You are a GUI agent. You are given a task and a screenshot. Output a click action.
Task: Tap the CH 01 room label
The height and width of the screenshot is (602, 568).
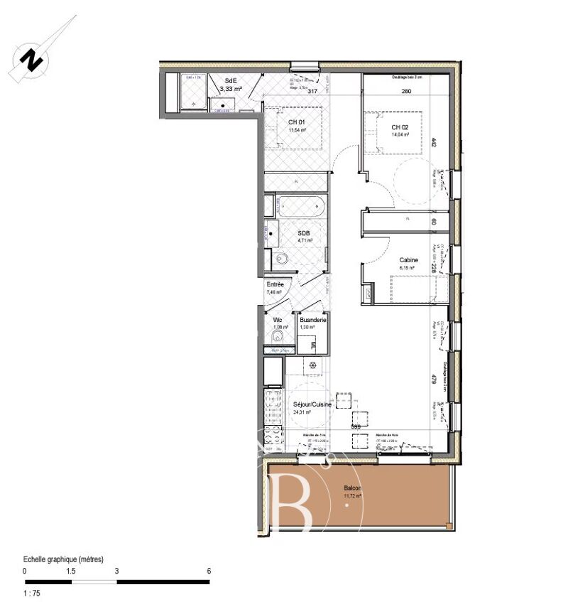pyautogui.click(x=296, y=123)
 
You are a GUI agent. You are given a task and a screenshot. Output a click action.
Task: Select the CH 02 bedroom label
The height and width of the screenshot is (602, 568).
pyautogui.click(x=400, y=127)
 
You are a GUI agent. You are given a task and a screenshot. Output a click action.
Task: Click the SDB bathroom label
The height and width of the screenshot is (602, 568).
pyautogui.click(x=304, y=234)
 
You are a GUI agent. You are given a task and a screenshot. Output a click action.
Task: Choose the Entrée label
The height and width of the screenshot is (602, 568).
pyautogui.click(x=275, y=284)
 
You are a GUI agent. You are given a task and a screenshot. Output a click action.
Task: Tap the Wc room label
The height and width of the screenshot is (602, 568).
pyautogui.click(x=278, y=320)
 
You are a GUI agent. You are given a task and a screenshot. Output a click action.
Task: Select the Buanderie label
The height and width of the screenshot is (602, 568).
pyautogui.click(x=312, y=320)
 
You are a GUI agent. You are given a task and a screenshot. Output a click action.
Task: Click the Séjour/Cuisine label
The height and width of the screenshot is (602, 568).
pyautogui.click(x=312, y=404)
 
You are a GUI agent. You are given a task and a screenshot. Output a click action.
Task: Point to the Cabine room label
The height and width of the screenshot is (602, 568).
pyautogui.click(x=408, y=260)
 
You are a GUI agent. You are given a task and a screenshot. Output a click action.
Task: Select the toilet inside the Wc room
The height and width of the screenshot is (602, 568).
pyautogui.click(x=280, y=336)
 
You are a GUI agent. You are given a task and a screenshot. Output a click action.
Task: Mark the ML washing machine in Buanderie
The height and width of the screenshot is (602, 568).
pyautogui.click(x=312, y=345)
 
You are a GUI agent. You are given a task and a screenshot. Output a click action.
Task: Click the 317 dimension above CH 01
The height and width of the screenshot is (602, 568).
pyautogui.click(x=310, y=91)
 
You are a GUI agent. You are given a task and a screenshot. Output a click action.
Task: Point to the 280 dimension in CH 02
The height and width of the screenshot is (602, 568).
pyautogui.click(x=406, y=91)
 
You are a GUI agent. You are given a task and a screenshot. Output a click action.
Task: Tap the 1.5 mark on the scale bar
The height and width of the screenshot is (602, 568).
pyautogui.click(x=71, y=571)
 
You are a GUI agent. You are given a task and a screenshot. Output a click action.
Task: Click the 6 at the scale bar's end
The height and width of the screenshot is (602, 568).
pyautogui.click(x=208, y=571)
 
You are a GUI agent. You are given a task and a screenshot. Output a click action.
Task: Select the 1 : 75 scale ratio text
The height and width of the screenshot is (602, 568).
pyautogui.click(x=33, y=593)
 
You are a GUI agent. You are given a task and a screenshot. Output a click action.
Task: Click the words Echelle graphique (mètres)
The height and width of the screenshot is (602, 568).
pyautogui.click(x=63, y=559)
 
